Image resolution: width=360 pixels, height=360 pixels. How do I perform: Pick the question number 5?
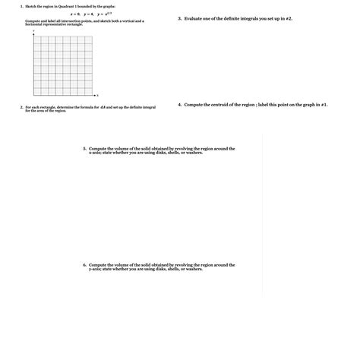(84, 148)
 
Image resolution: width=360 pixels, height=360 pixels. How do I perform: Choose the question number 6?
(84, 264)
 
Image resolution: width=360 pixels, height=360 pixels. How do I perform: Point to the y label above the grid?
(33, 30)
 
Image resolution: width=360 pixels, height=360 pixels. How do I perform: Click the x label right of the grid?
(97, 95)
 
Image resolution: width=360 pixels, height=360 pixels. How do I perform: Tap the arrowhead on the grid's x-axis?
(93, 95)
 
